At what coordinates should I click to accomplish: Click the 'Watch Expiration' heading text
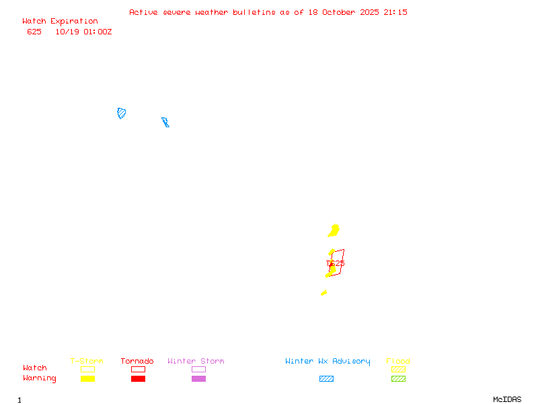[60, 22]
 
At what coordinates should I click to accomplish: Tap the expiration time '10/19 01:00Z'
[83, 32]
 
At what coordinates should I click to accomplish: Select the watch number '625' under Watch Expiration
[34, 32]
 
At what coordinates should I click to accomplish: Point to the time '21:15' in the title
[395, 12]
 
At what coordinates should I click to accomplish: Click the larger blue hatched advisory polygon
[122, 113]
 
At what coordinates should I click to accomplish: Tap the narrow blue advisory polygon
[165, 122]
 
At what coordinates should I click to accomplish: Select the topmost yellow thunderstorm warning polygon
[334, 231]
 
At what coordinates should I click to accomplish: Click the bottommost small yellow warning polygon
[324, 292]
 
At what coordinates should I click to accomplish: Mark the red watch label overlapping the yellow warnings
[336, 263]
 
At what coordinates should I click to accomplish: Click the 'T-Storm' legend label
[87, 362]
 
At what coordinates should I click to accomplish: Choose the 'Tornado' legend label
[137, 362]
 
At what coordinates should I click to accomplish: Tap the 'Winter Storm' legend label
[196, 362]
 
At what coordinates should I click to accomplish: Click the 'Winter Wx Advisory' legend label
[328, 362]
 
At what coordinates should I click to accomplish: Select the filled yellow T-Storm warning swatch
[87, 378]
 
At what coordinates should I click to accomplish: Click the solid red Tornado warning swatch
[138, 378]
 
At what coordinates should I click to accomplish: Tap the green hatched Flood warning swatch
[398, 378]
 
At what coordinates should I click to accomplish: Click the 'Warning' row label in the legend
[40, 378]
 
